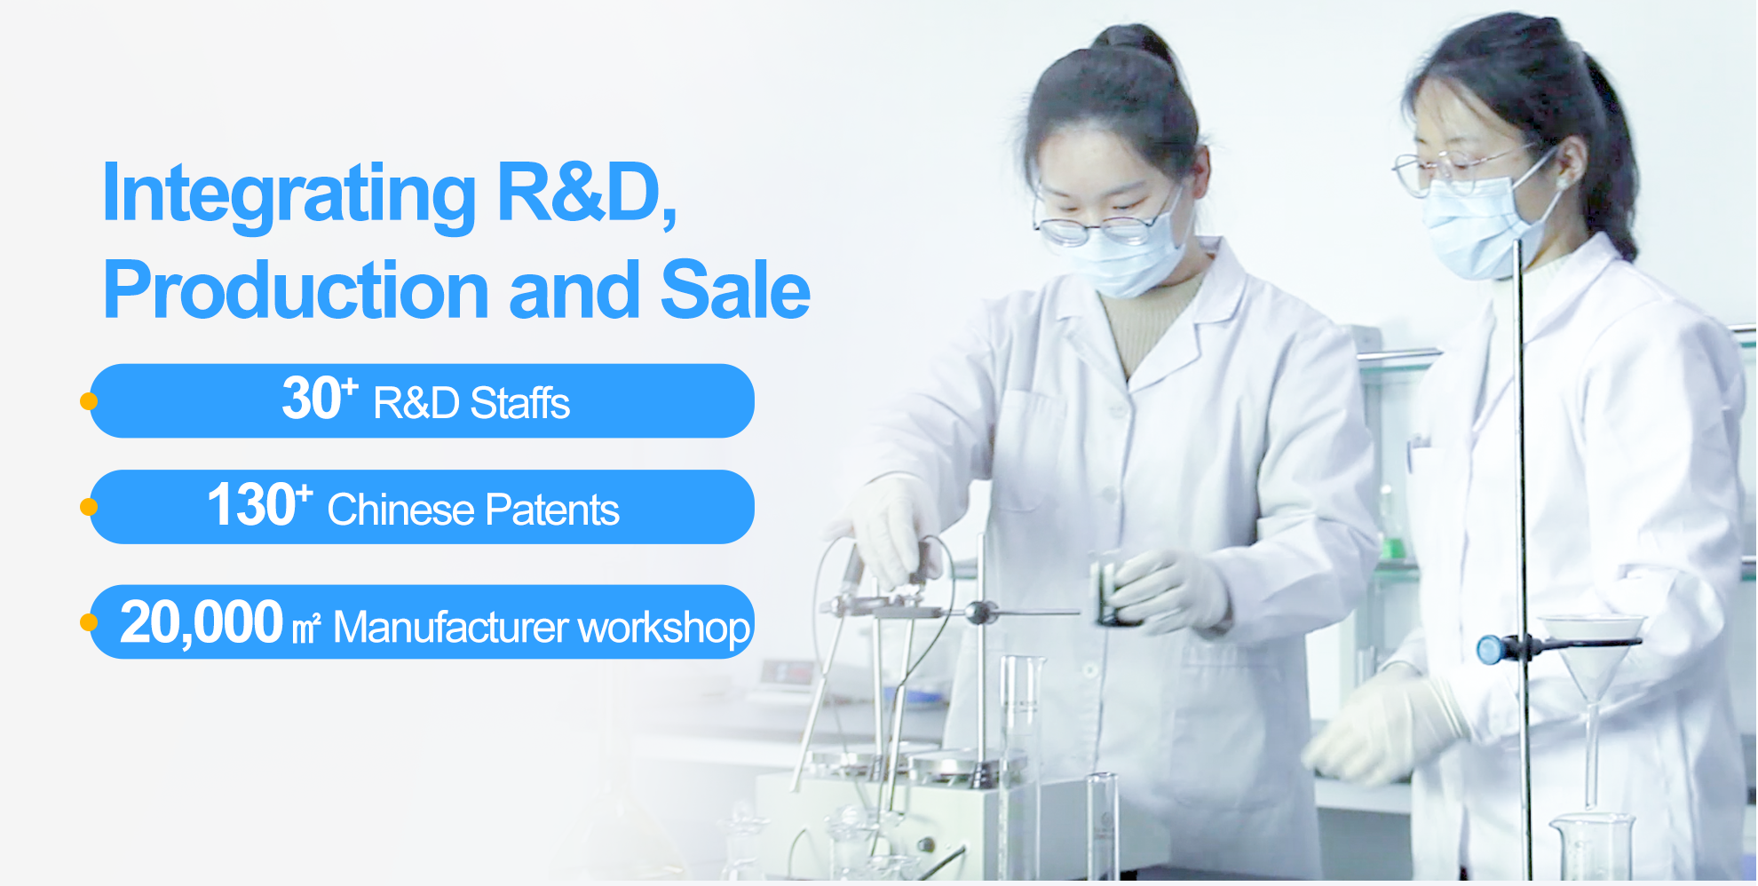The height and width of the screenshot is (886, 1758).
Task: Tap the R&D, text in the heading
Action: tap(588, 192)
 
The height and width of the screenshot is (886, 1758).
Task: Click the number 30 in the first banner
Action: tap(312, 399)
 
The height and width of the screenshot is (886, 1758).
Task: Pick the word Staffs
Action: tap(519, 403)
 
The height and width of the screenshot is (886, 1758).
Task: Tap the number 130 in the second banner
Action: tap(250, 504)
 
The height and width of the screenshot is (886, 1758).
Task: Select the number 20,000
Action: tap(202, 623)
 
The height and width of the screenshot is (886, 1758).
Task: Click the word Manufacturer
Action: tap(450, 628)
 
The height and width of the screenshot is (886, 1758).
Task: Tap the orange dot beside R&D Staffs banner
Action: tap(89, 401)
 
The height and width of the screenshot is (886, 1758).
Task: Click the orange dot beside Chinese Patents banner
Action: tap(89, 507)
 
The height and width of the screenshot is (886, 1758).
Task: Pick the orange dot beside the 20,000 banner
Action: tap(89, 622)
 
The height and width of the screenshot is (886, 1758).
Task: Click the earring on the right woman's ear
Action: tap(1560, 183)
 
